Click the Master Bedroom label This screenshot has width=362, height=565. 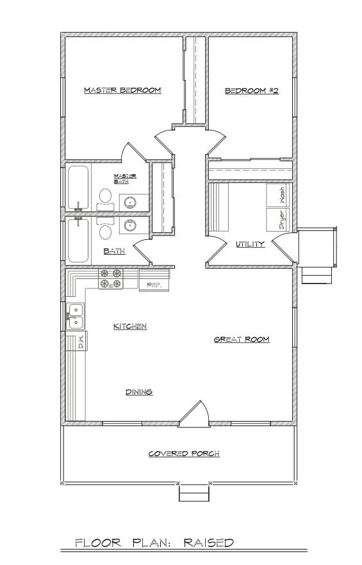click(x=122, y=90)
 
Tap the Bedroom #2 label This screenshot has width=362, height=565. click(x=252, y=91)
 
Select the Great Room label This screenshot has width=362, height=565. click(x=242, y=339)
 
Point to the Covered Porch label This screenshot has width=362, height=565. click(x=184, y=454)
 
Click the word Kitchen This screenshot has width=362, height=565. click(x=130, y=326)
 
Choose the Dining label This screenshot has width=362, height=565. click(x=139, y=392)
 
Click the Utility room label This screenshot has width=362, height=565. click(x=251, y=244)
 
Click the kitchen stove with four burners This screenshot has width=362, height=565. click(x=111, y=279)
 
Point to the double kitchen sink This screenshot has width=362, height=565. click(x=76, y=316)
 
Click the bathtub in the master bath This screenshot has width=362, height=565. click(x=78, y=187)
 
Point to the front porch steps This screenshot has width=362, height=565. click(x=194, y=492)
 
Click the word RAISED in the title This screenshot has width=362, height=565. click(x=209, y=543)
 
